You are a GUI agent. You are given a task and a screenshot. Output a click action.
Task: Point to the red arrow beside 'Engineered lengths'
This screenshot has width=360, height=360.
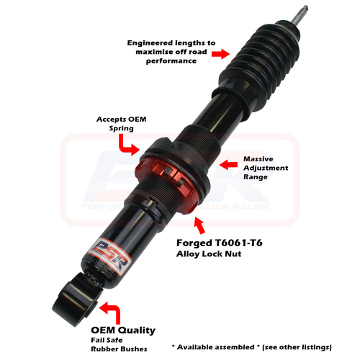point(218,53)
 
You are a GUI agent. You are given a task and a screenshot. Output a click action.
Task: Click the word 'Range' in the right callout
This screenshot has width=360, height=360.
point(256,177)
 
